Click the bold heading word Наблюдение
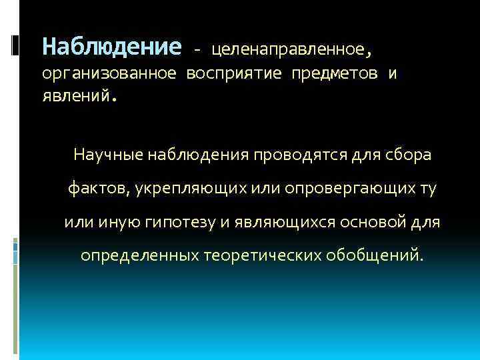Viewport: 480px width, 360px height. point(111,47)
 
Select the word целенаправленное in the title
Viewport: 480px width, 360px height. point(287,49)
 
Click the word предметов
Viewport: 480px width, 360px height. point(333,73)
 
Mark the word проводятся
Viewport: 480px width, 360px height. point(296,155)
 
